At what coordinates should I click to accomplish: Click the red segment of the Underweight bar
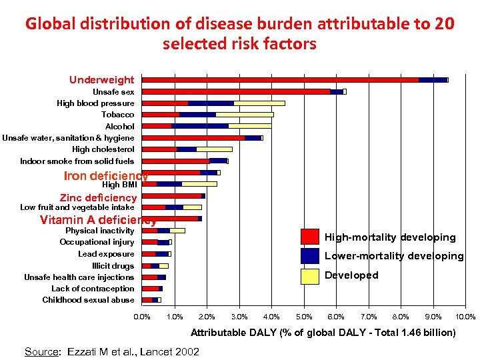[280, 80]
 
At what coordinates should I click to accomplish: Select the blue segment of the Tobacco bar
[197, 115]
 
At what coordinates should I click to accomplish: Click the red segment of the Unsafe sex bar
[236, 91]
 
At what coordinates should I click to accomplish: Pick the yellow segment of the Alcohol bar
[249, 126]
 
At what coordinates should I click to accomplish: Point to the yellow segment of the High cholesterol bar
[214, 149]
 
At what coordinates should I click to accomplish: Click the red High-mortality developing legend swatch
[310, 237]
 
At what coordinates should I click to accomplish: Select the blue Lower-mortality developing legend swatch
[310, 256]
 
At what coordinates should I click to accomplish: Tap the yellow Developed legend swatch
[310, 275]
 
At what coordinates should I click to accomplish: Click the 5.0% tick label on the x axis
[304, 317]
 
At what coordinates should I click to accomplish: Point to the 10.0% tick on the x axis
[466, 317]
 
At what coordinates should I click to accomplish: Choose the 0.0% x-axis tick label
[142, 317]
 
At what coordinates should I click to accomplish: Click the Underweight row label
[101, 80]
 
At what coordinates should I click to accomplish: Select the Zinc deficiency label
[98, 197]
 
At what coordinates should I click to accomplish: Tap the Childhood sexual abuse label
[88, 300]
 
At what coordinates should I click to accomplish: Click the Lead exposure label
[106, 254]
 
